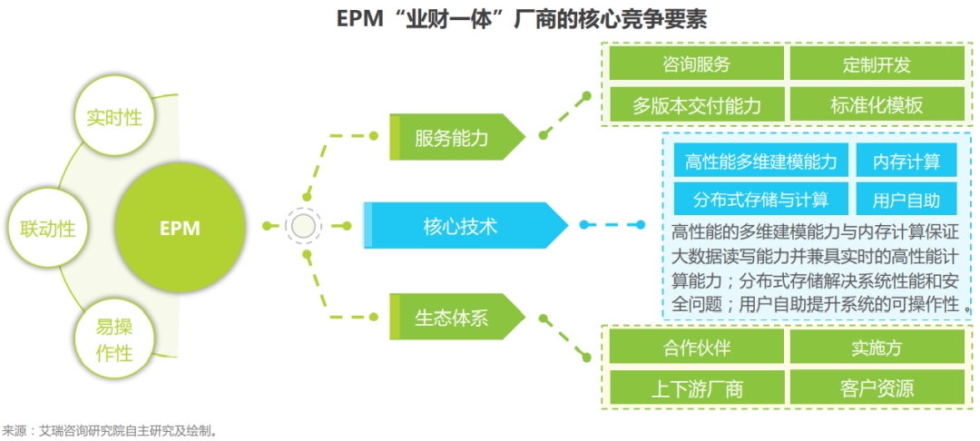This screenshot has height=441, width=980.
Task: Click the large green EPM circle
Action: point(180,227)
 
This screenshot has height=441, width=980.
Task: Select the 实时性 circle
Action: point(113,117)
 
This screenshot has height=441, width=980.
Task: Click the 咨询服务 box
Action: point(696,64)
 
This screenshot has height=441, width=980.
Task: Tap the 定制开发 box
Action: point(876,64)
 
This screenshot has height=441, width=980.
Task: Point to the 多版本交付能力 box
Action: point(696,104)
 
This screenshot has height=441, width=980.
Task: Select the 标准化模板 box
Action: point(876,104)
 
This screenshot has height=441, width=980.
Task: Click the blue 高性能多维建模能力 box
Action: point(761,162)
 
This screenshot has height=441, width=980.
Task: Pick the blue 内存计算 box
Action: point(906,162)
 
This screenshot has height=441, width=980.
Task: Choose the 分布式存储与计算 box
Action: point(761,200)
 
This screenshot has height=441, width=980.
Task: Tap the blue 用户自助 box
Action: point(906,200)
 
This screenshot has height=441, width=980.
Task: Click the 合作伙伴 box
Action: point(696,348)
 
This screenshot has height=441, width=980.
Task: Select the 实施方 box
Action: point(876,348)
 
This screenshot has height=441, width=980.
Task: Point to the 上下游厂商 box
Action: point(696,387)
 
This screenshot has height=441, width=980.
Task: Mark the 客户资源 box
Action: point(876,387)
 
